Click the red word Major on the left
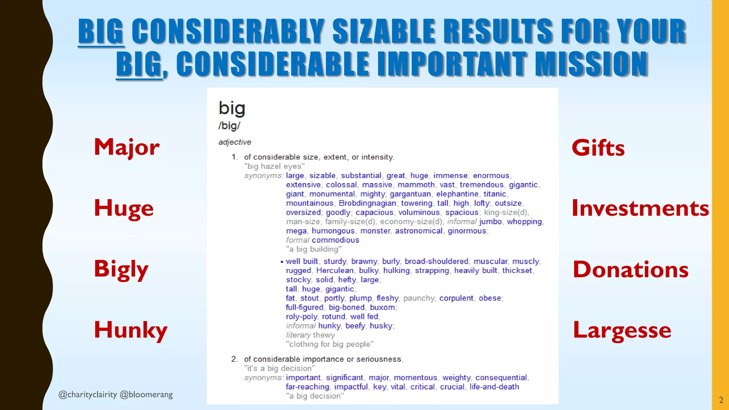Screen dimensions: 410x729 coord(127,147)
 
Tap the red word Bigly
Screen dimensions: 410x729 coord(121,269)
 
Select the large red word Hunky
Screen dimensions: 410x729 coord(131,330)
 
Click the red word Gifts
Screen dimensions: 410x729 coord(598,148)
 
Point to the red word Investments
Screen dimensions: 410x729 coord(640,208)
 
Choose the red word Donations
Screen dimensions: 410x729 coord(630,269)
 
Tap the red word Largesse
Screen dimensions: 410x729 coord(622,330)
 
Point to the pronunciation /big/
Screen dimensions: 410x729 coord(229,126)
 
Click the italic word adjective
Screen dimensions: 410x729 coord(235,142)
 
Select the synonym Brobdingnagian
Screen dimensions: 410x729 coord(367,203)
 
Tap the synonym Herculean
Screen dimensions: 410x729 coord(335,270)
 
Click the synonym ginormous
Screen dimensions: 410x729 coord(467,231)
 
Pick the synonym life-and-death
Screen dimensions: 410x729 coord(494,387)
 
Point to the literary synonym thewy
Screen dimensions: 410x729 coord(324,335)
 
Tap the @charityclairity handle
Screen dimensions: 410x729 coord(88,394)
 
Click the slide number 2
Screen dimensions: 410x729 coord(721,400)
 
